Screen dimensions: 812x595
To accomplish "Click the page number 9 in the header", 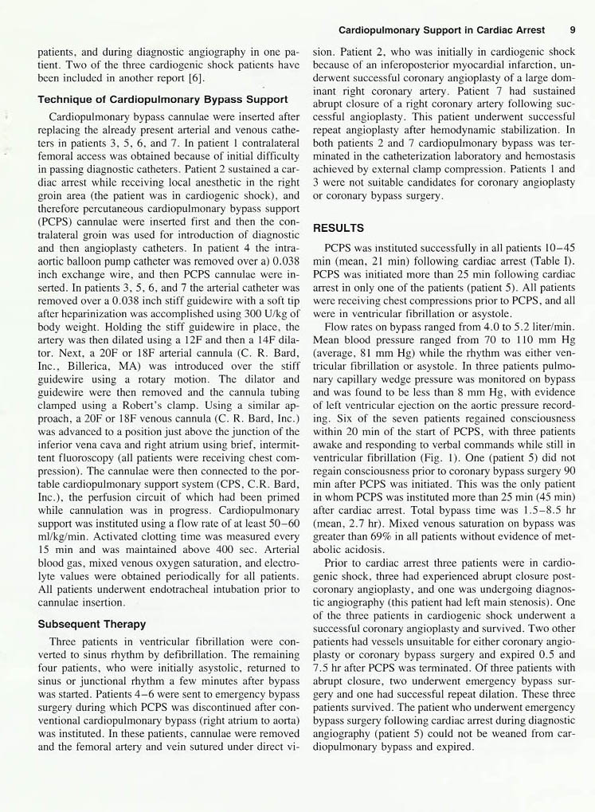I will click(573, 29).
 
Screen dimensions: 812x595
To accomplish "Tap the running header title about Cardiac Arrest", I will click(442, 29).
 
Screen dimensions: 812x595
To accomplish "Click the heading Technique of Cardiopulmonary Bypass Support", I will click(162, 100).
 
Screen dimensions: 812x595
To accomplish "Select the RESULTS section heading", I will click(338, 228).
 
